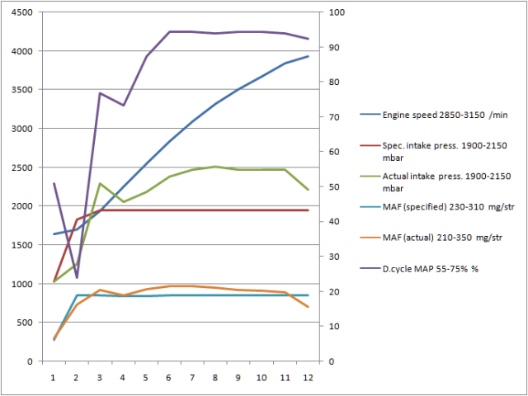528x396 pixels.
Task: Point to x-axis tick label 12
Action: click(x=308, y=377)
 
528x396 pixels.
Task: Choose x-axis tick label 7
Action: click(x=192, y=377)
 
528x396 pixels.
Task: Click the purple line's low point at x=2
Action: click(x=77, y=277)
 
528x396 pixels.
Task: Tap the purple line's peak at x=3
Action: click(x=100, y=93)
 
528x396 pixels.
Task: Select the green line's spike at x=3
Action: click(x=100, y=184)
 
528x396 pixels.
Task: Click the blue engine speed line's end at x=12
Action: click(x=308, y=56)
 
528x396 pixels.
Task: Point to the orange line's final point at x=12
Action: click(x=308, y=307)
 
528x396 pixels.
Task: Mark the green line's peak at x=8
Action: click(x=215, y=167)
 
